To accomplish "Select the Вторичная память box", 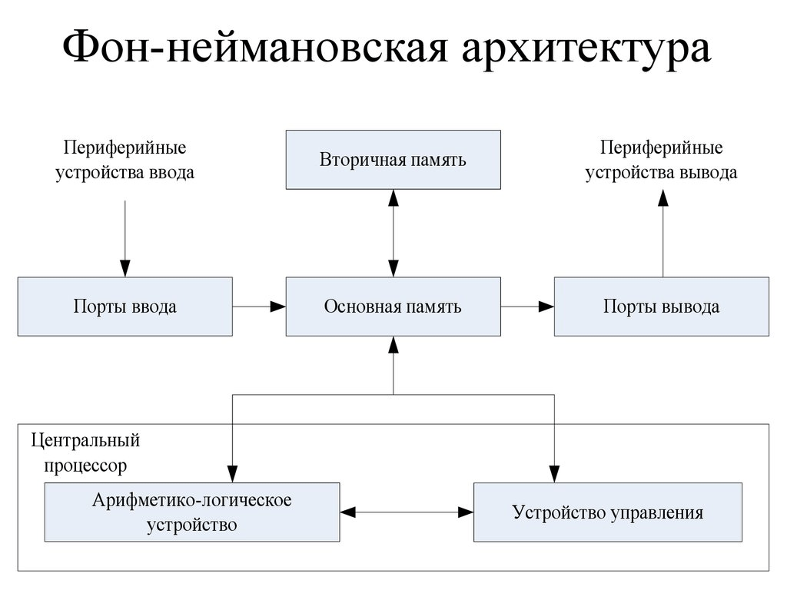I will [393, 160].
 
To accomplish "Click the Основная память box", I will [393, 307].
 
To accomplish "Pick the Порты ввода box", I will [125, 307].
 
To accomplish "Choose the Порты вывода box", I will [661, 307].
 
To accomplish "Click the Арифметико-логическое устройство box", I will [191, 512].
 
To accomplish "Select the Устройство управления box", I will [607, 512].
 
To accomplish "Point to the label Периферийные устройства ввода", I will [125, 159].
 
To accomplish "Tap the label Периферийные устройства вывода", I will [661, 159].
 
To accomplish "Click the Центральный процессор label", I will [85, 452].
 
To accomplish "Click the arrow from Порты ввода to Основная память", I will [259, 307].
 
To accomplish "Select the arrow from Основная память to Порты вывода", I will [526, 307].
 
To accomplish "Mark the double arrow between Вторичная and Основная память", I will [393, 234].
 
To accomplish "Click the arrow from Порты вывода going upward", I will [662, 234].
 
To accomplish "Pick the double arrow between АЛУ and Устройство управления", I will [406, 511].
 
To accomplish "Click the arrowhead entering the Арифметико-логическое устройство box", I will [232, 473].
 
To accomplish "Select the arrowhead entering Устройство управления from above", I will [553, 473].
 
